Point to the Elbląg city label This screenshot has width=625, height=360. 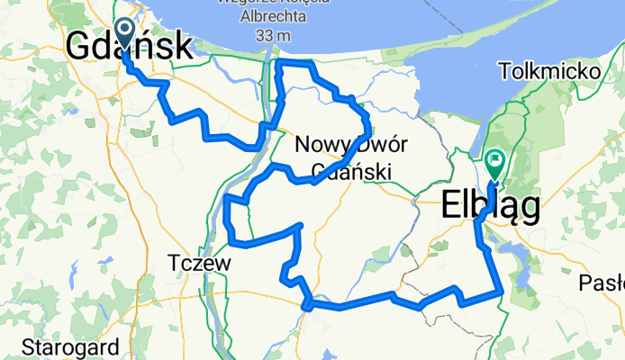[491, 207]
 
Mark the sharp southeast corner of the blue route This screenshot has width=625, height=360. [501, 291]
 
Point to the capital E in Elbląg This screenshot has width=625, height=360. [452, 207]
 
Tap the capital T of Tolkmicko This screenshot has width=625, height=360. [502, 69]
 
